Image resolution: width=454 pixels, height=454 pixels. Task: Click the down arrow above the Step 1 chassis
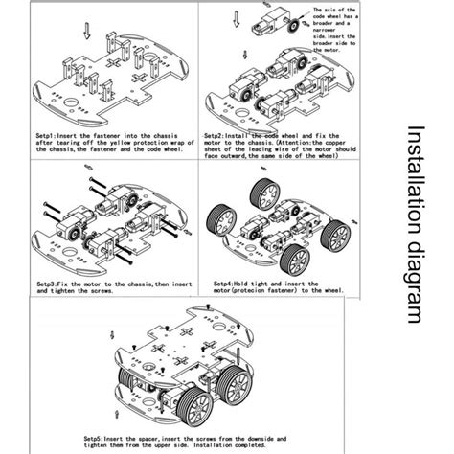[88, 32]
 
